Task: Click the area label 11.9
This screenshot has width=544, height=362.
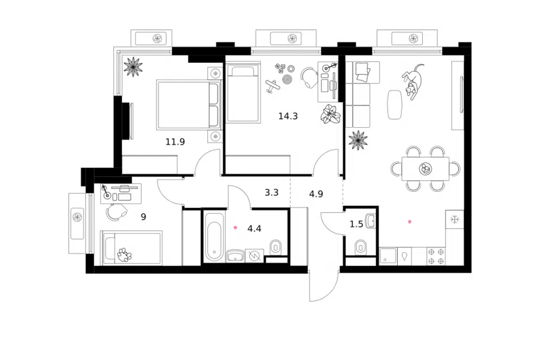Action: click(175, 141)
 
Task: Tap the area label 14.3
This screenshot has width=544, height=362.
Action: click(288, 116)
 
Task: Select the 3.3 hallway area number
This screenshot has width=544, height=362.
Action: click(271, 192)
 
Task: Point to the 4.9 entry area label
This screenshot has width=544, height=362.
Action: click(316, 193)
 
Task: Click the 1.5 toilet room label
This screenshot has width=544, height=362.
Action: click(356, 224)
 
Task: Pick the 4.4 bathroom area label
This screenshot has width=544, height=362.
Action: click(254, 229)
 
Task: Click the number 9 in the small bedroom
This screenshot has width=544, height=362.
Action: click(143, 217)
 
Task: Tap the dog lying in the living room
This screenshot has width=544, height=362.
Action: click(413, 81)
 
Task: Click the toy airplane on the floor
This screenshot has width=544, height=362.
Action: click(273, 86)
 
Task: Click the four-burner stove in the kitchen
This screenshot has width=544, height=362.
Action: click(436, 257)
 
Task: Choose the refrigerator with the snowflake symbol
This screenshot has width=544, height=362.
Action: click(454, 219)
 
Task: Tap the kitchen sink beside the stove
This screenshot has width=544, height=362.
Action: click(388, 257)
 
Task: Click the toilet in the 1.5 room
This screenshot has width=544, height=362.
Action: click(360, 247)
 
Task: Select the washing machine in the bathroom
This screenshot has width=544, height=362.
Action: click(254, 256)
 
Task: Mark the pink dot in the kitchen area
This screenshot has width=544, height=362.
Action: click(410, 221)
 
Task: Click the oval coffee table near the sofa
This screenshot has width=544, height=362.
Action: click(395, 105)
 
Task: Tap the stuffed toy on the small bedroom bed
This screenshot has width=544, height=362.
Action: click(124, 255)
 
